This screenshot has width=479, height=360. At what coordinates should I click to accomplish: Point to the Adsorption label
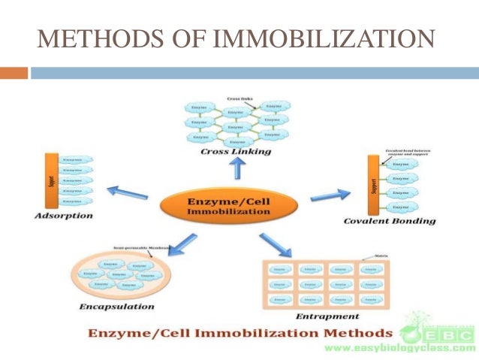pyautogui.click(x=64, y=216)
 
